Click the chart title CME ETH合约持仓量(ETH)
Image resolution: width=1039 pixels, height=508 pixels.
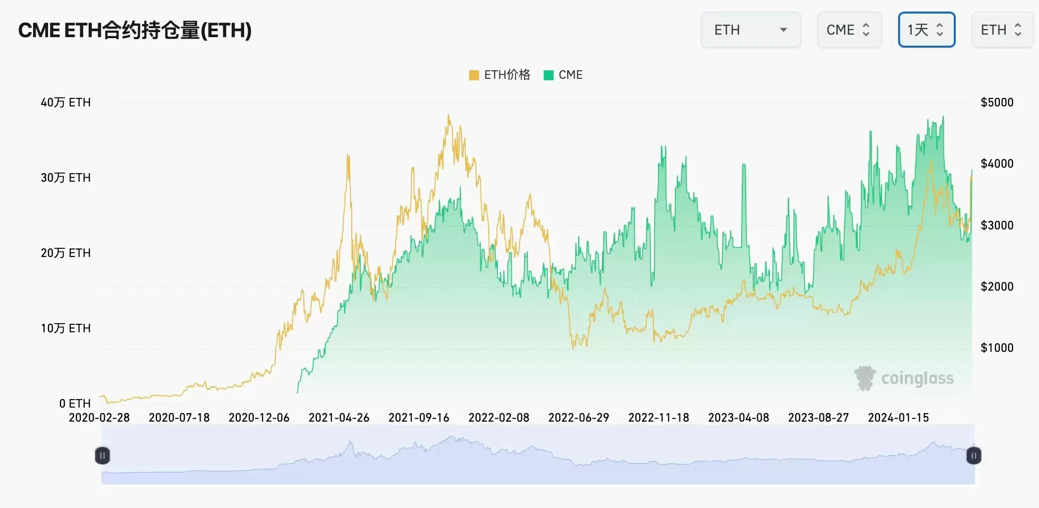[x=135, y=30]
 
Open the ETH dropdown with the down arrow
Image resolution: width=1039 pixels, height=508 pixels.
[x=751, y=30]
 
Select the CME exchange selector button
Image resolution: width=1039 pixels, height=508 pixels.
[x=848, y=30]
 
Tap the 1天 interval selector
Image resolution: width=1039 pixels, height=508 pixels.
[x=926, y=30]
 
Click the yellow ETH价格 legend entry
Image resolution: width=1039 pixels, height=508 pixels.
[x=500, y=75]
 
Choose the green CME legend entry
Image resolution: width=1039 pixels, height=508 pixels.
[x=564, y=75]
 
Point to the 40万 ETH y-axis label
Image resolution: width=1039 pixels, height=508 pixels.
[x=66, y=102]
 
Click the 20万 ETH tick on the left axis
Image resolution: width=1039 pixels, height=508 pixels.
[x=66, y=253]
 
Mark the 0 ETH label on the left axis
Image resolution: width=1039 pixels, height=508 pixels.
[x=75, y=404]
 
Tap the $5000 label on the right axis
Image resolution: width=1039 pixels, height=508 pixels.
[x=997, y=102]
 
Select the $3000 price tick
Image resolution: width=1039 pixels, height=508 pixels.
[x=997, y=225]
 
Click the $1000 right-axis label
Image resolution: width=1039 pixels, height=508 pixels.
[x=997, y=348]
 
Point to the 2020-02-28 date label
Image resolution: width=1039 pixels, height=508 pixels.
[x=99, y=418]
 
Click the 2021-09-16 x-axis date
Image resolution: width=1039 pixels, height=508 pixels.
[x=419, y=418]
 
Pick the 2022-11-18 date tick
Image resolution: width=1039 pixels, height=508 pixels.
[x=658, y=418]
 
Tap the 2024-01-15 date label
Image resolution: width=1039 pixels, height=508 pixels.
[x=898, y=418]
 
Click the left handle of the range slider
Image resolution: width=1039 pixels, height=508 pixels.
[x=102, y=456]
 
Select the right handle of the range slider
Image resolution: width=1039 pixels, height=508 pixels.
[x=973, y=456]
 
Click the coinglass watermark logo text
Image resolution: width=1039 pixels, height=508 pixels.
[x=917, y=378]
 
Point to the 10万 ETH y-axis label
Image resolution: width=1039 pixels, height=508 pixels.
[x=66, y=328]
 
